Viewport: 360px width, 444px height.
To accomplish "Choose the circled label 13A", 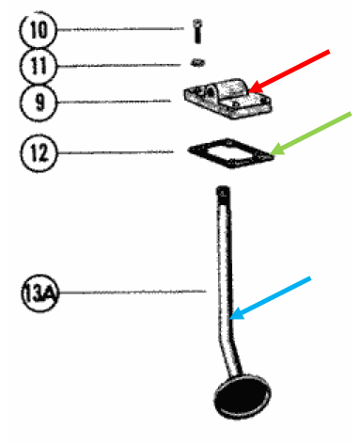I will (37, 293).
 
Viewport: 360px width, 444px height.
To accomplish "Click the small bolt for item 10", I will (198, 30).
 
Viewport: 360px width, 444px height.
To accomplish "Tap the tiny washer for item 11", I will (197, 62).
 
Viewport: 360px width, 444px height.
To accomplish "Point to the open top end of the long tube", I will (222, 194).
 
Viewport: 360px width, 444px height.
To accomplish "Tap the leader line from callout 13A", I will (132, 293).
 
